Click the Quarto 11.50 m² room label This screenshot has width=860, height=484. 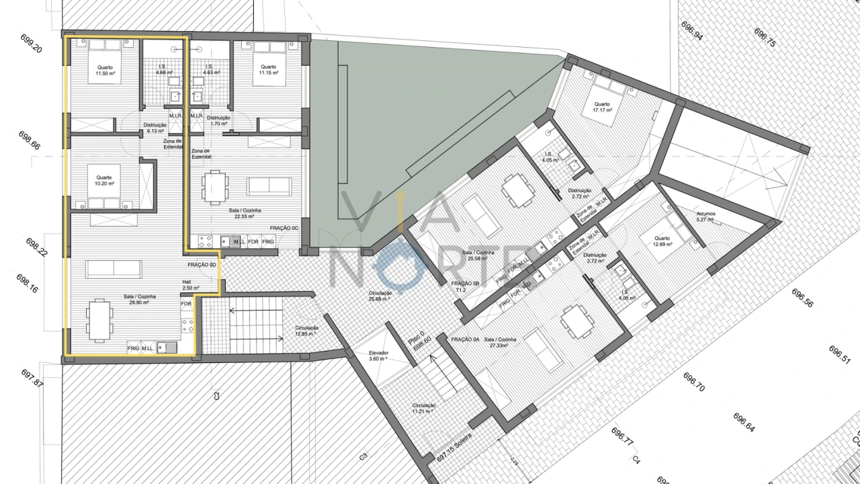pyautogui.click(x=105, y=70)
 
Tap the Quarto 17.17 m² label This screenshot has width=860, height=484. pyautogui.click(x=601, y=107)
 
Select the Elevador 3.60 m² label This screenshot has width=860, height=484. pyautogui.click(x=379, y=356)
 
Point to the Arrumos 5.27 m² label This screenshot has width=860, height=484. pyautogui.click(x=705, y=216)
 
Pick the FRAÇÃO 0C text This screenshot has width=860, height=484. pyautogui.click(x=284, y=229)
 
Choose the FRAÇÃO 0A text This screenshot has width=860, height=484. pyautogui.click(x=465, y=340)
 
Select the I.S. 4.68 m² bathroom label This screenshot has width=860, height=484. pyautogui.click(x=161, y=69)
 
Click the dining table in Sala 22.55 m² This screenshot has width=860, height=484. pyautogui.click(x=214, y=188)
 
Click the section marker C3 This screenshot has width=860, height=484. pyautogui.click(x=363, y=456)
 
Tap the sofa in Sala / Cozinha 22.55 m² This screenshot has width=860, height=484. pyautogui.click(x=269, y=186)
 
